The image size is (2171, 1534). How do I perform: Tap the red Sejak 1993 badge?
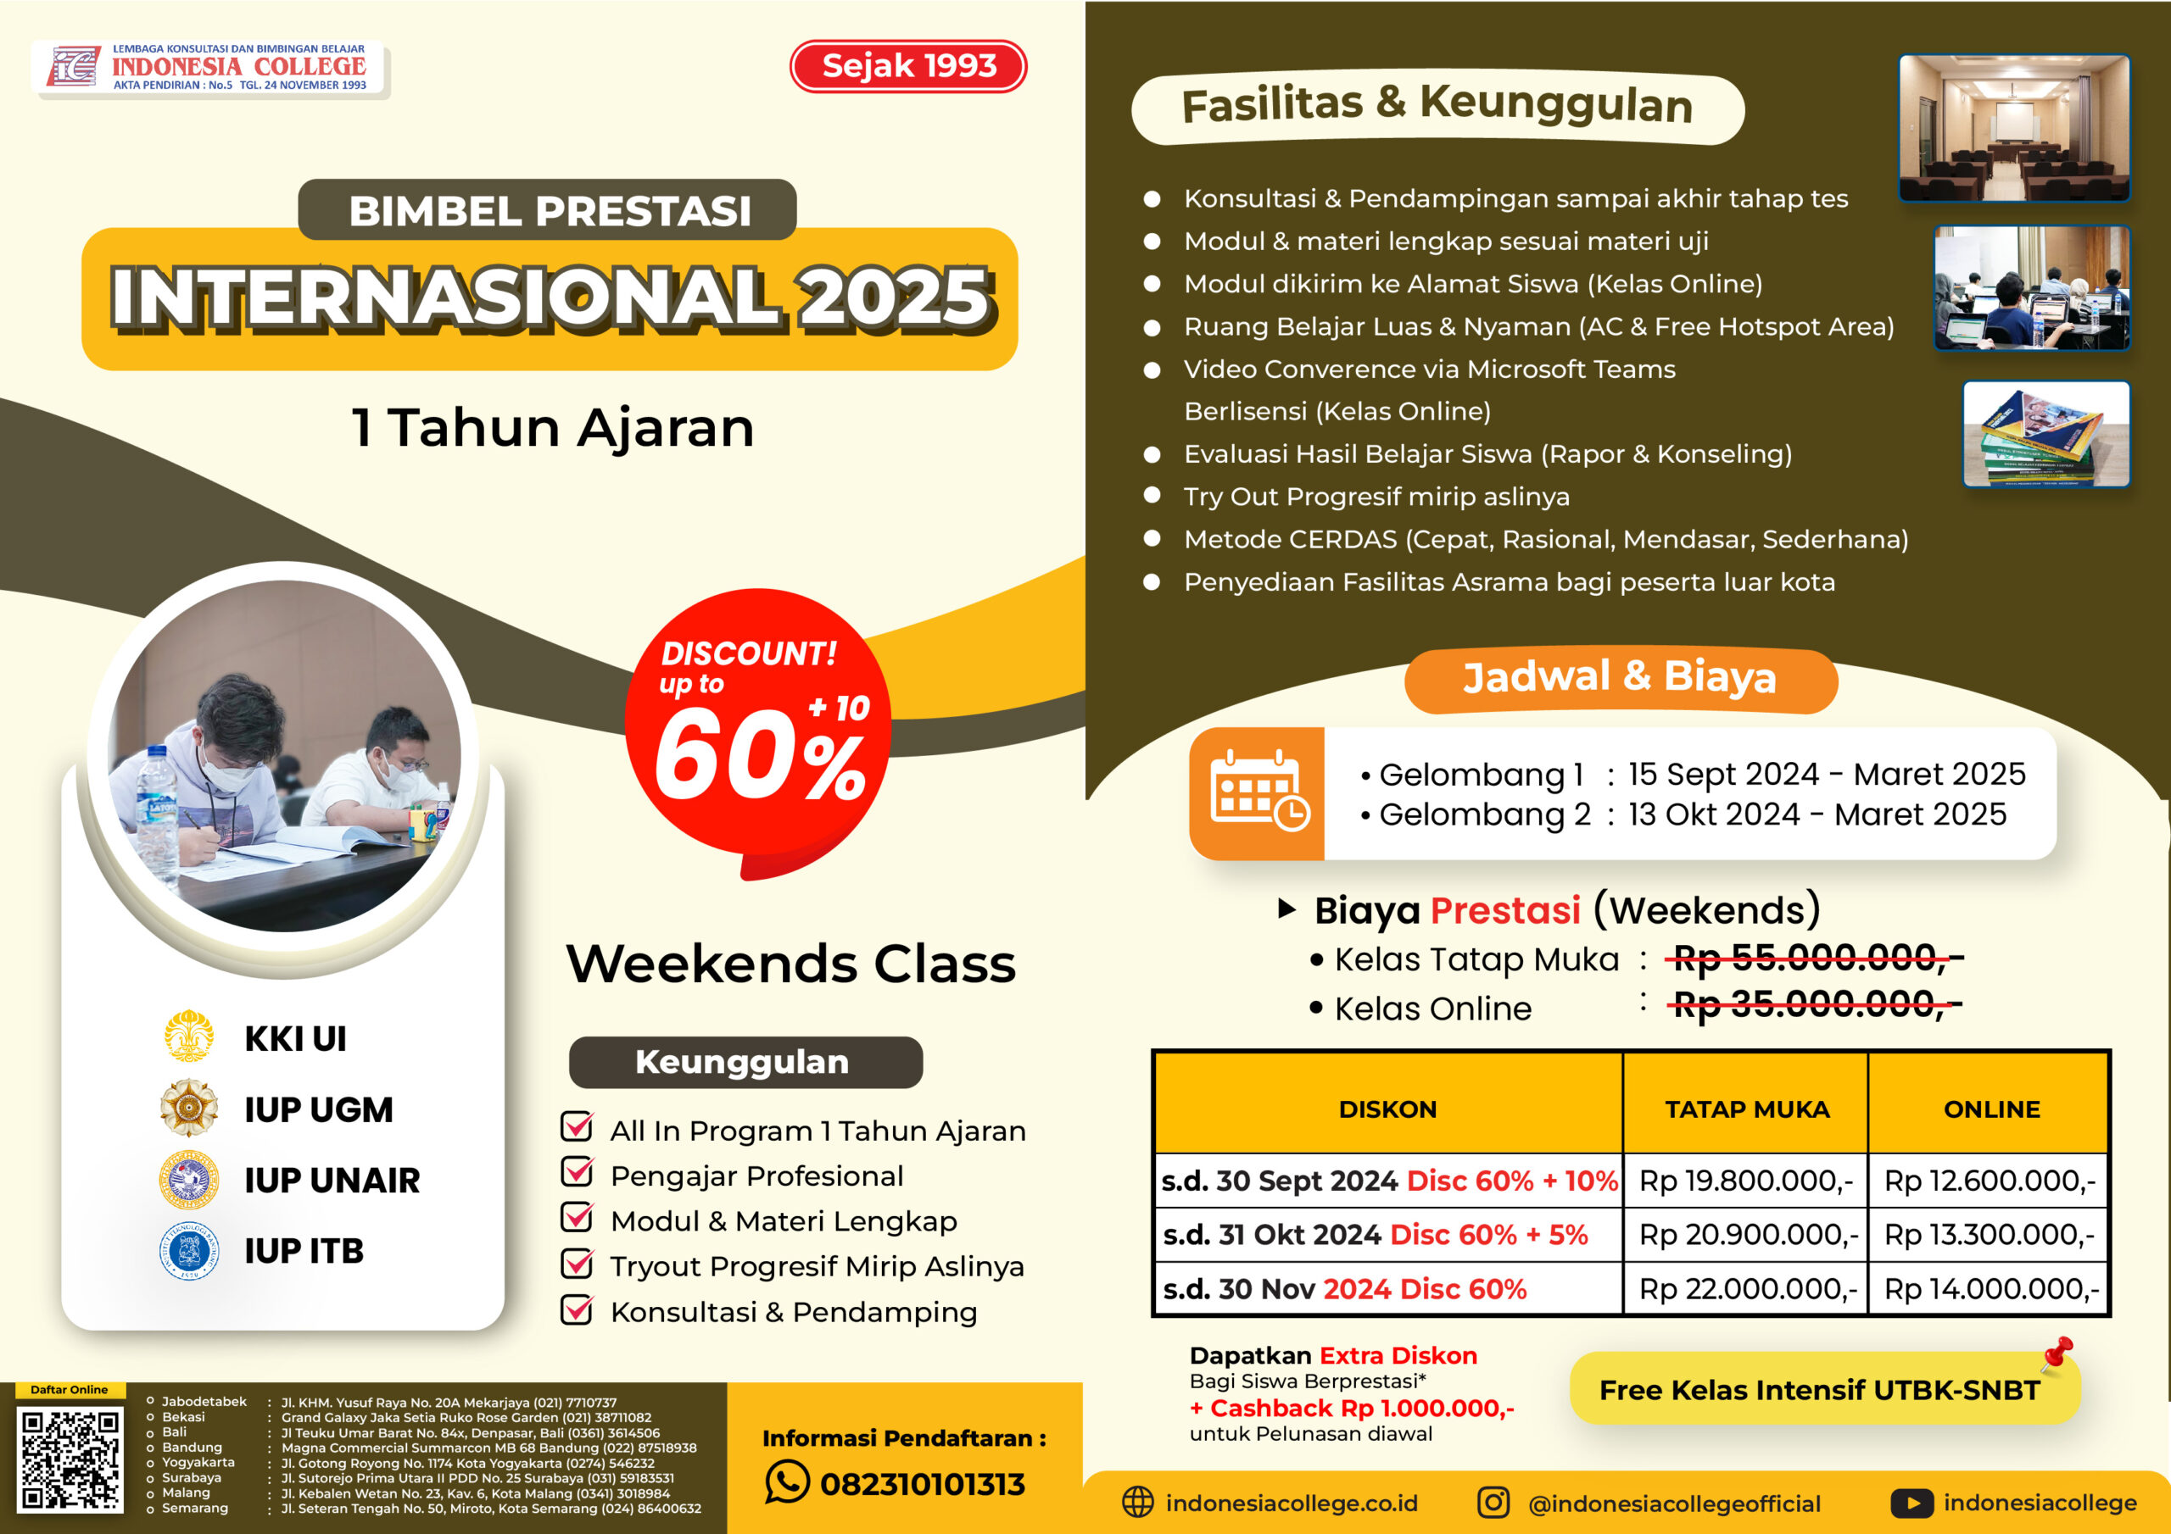(907, 66)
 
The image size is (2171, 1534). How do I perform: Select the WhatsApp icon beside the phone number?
(787, 1481)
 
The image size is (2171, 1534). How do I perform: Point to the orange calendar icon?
(1258, 792)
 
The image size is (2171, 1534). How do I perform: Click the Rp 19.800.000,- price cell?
(1745, 1180)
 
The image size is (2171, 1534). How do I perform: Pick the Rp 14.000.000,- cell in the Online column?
(1990, 1288)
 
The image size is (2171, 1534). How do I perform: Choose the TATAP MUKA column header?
(1746, 1109)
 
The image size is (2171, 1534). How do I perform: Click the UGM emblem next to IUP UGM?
(189, 1108)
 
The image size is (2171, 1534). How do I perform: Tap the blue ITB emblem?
(189, 1249)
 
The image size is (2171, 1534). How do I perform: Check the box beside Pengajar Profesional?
(577, 1172)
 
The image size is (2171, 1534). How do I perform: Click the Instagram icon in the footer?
(1493, 1502)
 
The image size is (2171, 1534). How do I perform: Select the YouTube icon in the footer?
(1911, 1503)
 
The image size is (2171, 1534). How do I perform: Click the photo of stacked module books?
(2046, 434)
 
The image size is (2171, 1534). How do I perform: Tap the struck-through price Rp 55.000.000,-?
(1812, 959)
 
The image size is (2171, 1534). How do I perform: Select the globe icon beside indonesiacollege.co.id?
(1137, 1502)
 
